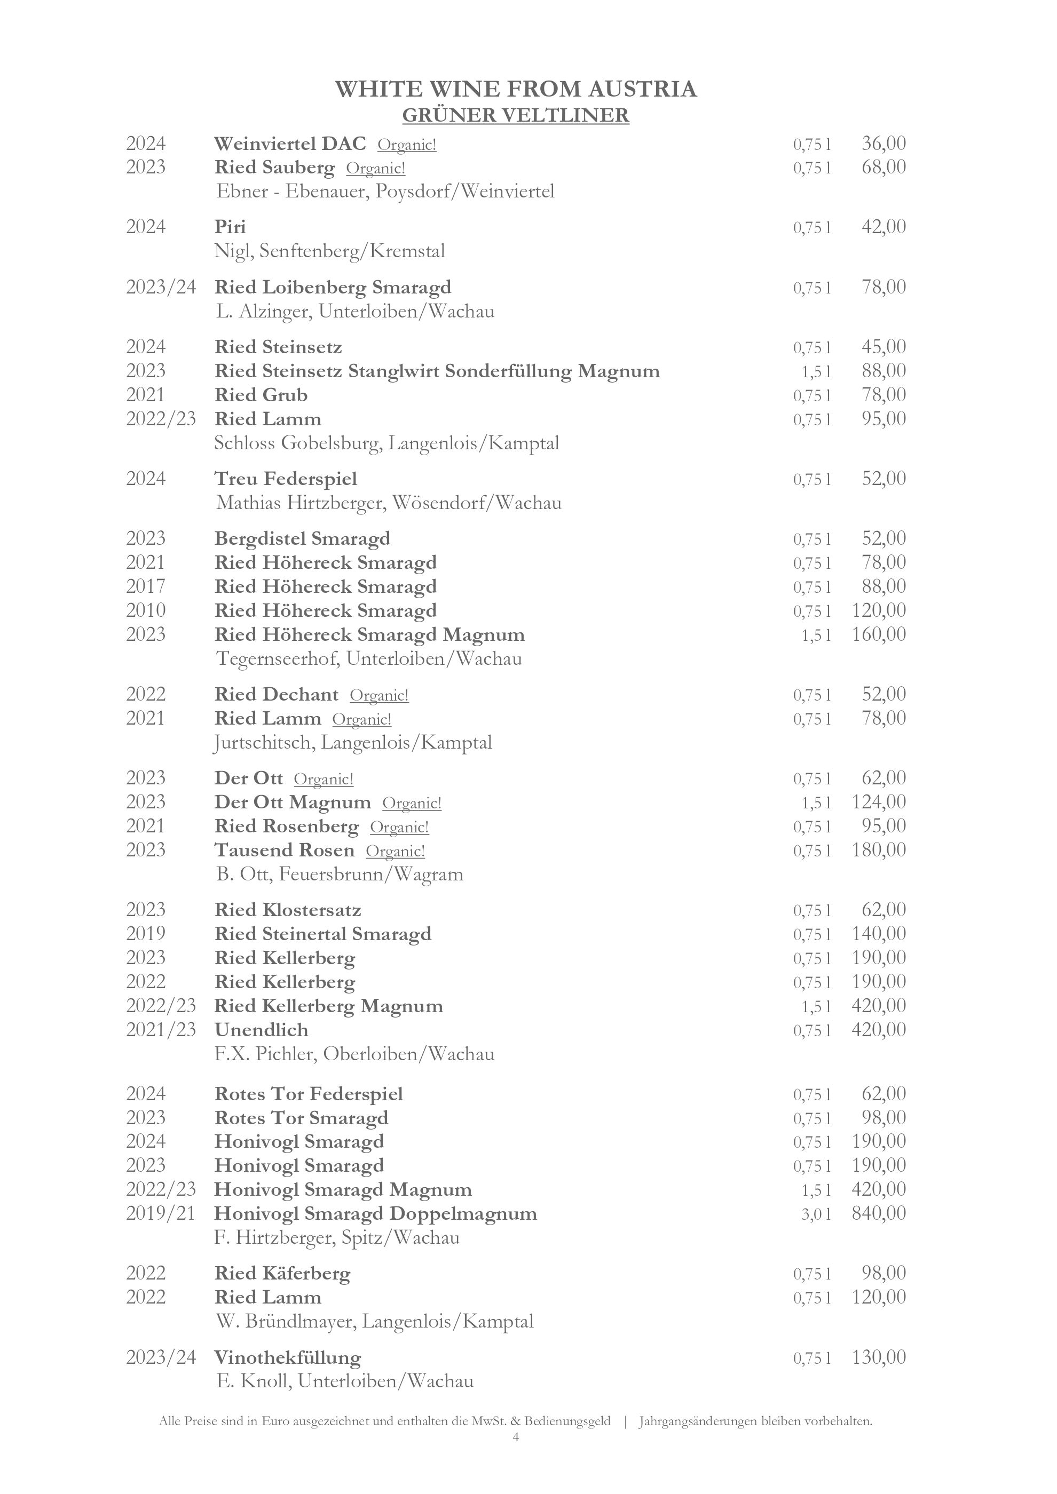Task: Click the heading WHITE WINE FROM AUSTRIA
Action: click(x=516, y=89)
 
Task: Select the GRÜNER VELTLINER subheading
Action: click(x=516, y=115)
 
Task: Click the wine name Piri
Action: click(x=231, y=227)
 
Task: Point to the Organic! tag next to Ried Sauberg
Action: click(x=375, y=169)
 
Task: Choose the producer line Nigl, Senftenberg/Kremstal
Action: click(x=329, y=251)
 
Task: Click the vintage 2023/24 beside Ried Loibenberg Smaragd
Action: click(x=161, y=287)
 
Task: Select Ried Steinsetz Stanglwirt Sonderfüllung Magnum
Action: click(x=437, y=371)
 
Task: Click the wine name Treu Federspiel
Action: click(x=286, y=479)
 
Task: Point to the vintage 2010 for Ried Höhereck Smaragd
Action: click(x=146, y=610)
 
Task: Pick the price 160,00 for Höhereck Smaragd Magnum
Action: click(x=879, y=634)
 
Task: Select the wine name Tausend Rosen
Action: click(x=285, y=851)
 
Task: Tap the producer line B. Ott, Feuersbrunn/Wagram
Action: click(x=339, y=874)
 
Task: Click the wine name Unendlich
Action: click(x=261, y=1030)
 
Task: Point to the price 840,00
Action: click(x=879, y=1213)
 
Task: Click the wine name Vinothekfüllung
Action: click(x=288, y=1358)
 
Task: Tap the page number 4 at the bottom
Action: click(x=516, y=1456)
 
